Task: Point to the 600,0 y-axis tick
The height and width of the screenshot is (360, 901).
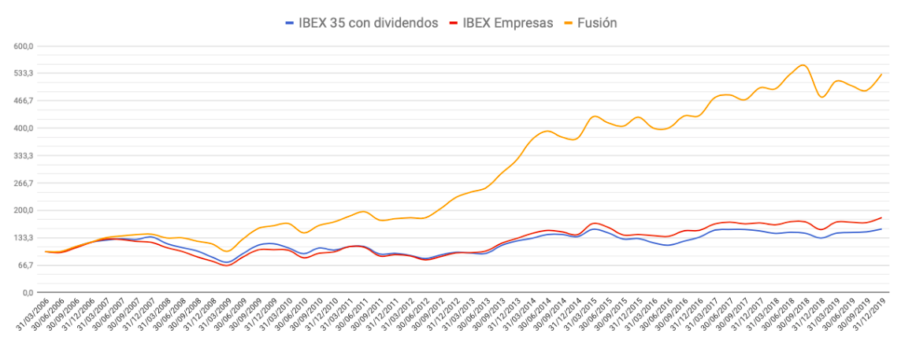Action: (24, 46)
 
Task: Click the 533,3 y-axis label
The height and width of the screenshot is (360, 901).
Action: (24, 73)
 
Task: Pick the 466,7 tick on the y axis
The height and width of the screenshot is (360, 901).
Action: (24, 101)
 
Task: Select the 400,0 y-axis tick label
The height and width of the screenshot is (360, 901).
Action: (24, 128)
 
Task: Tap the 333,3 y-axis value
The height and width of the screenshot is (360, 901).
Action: (24, 156)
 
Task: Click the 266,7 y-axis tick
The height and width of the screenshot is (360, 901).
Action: (24, 183)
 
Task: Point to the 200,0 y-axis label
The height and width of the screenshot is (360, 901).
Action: (24, 210)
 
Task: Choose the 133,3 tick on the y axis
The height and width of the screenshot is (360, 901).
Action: (24, 238)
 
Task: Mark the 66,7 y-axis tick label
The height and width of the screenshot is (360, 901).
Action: (25, 265)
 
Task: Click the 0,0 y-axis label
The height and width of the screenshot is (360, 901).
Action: (28, 293)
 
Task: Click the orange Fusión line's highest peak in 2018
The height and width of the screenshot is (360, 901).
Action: (802, 65)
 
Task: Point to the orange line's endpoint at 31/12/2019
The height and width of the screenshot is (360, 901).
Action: (881, 74)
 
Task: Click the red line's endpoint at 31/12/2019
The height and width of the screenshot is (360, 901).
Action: (881, 217)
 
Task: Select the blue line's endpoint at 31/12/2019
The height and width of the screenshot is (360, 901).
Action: (881, 229)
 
